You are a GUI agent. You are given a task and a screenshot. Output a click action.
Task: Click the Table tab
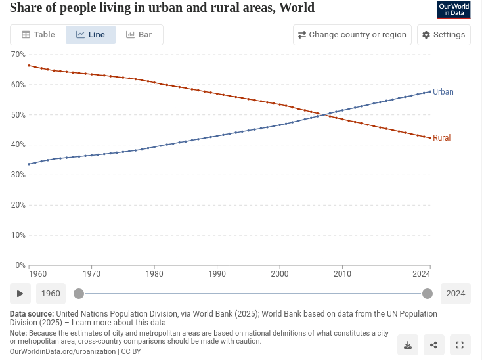pyautogui.click(x=38, y=35)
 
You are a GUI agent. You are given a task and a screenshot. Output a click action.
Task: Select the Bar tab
pyautogui.click(x=139, y=35)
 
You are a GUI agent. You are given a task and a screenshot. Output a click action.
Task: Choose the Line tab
pyautogui.click(x=91, y=35)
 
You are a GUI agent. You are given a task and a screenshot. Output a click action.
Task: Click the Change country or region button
pyautogui.click(x=352, y=35)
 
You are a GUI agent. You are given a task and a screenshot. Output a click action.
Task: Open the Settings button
pyautogui.click(x=443, y=35)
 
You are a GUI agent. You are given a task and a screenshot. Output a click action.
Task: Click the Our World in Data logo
pyautogui.click(x=454, y=10)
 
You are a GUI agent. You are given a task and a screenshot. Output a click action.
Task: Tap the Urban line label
pyautogui.click(x=443, y=92)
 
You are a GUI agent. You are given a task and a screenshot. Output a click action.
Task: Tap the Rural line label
pyautogui.click(x=441, y=138)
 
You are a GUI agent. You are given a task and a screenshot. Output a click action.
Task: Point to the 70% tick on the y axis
pyautogui.click(x=18, y=55)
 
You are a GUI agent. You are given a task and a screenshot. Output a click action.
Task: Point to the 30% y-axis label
pyautogui.click(x=18, y=175)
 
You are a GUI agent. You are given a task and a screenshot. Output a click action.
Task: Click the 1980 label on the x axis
pyautogui.click(x=154, y=274)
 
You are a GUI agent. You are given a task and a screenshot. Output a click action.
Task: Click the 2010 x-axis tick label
pyautogui.click(x=342, y=274)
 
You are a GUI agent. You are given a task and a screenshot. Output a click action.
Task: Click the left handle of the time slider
pyautogui.click(x=79, y=294)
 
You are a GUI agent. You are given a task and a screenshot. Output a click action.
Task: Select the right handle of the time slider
pyautogui.click(x=428, y=294)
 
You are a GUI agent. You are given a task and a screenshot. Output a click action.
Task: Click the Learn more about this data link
pyautogui.click(x=119, y=323)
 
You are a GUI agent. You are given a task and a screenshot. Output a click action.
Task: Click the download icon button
pyautogui.click(x=408, y=345)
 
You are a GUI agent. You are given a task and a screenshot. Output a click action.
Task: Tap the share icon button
pyautogui.click(x=433, y=345)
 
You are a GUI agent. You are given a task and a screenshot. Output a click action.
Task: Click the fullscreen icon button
pyautogui.click(x=460, y=345)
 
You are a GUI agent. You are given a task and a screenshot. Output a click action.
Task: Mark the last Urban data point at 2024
pyautogui.click(x=430, y=91)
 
